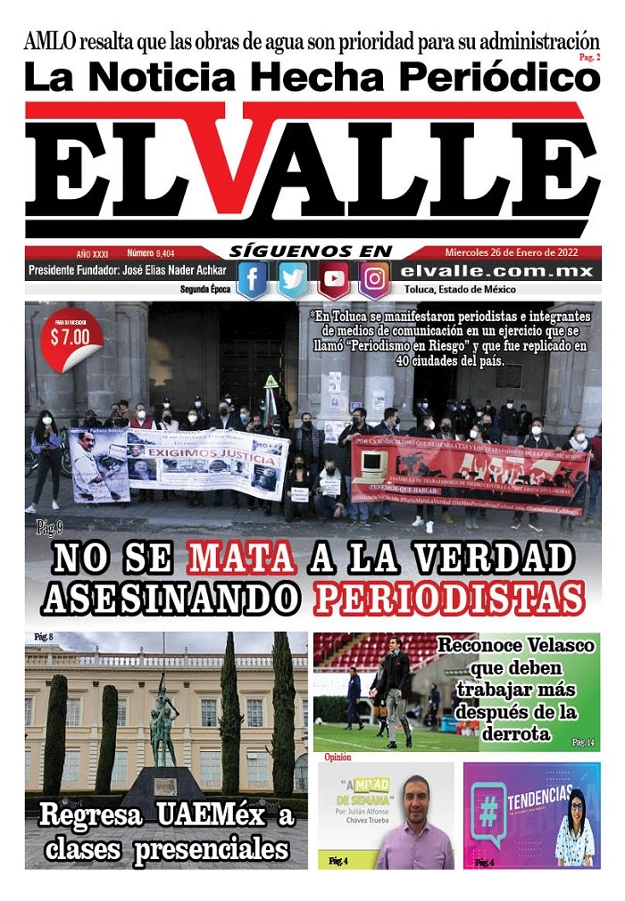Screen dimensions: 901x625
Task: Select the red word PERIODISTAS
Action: pos(449,599)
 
